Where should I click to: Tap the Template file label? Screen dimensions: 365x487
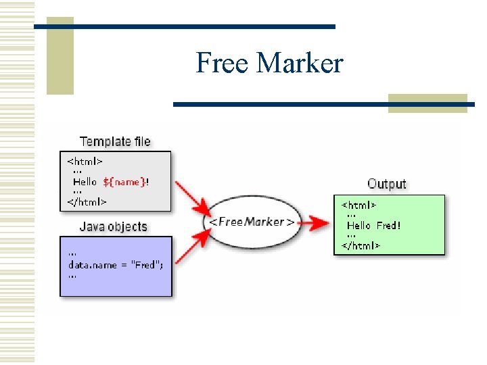pyautogui.click(x=115, y=141)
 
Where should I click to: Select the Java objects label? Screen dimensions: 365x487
pyautogui.click(x=113, y=226)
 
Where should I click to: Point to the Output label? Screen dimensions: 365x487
pyautogui.click(x=386, y=183)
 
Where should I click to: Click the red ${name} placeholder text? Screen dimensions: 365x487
pyautogui.click(x=124, y=182)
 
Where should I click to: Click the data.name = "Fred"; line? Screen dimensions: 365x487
pyautogui.click(x=116, y=264)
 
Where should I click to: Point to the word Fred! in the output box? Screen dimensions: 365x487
pyautogui.click(x=389, y=225)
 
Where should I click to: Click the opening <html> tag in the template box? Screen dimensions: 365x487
pyautogui.click(x=85, y=162)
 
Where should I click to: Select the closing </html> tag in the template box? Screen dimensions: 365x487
pyautogui.click(x=87, y=201)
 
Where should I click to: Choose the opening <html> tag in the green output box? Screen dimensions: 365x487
pyautogui.click(x=359, y=204)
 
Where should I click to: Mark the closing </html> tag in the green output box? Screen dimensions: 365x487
pyautogui.click(x=361, y=245)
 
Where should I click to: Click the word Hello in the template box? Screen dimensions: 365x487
pyautogui.click(x=85, y=182)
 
